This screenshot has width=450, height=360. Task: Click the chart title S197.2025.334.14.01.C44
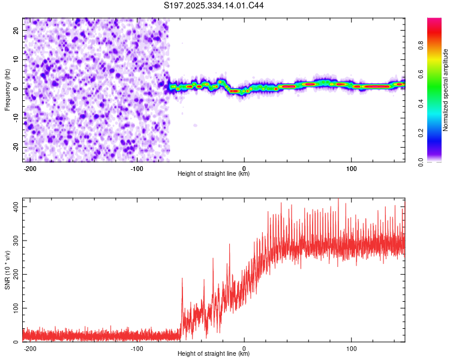(x=214, y=5)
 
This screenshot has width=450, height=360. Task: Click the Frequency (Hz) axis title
(x=7, y=89)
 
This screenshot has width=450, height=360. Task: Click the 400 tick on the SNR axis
(x=14, y=206)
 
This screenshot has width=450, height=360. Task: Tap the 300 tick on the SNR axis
(x=14, y=240)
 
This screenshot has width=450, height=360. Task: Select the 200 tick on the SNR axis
(x=14, y=274)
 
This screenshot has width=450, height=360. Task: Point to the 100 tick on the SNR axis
(x=14, y=308)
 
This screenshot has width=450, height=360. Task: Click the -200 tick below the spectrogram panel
(x=30, y=167)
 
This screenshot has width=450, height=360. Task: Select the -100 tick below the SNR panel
(x=137, y=347)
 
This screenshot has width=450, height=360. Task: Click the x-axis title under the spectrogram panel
(x=214, y=174)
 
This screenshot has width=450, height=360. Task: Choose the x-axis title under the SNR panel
(x=214, y=354)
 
